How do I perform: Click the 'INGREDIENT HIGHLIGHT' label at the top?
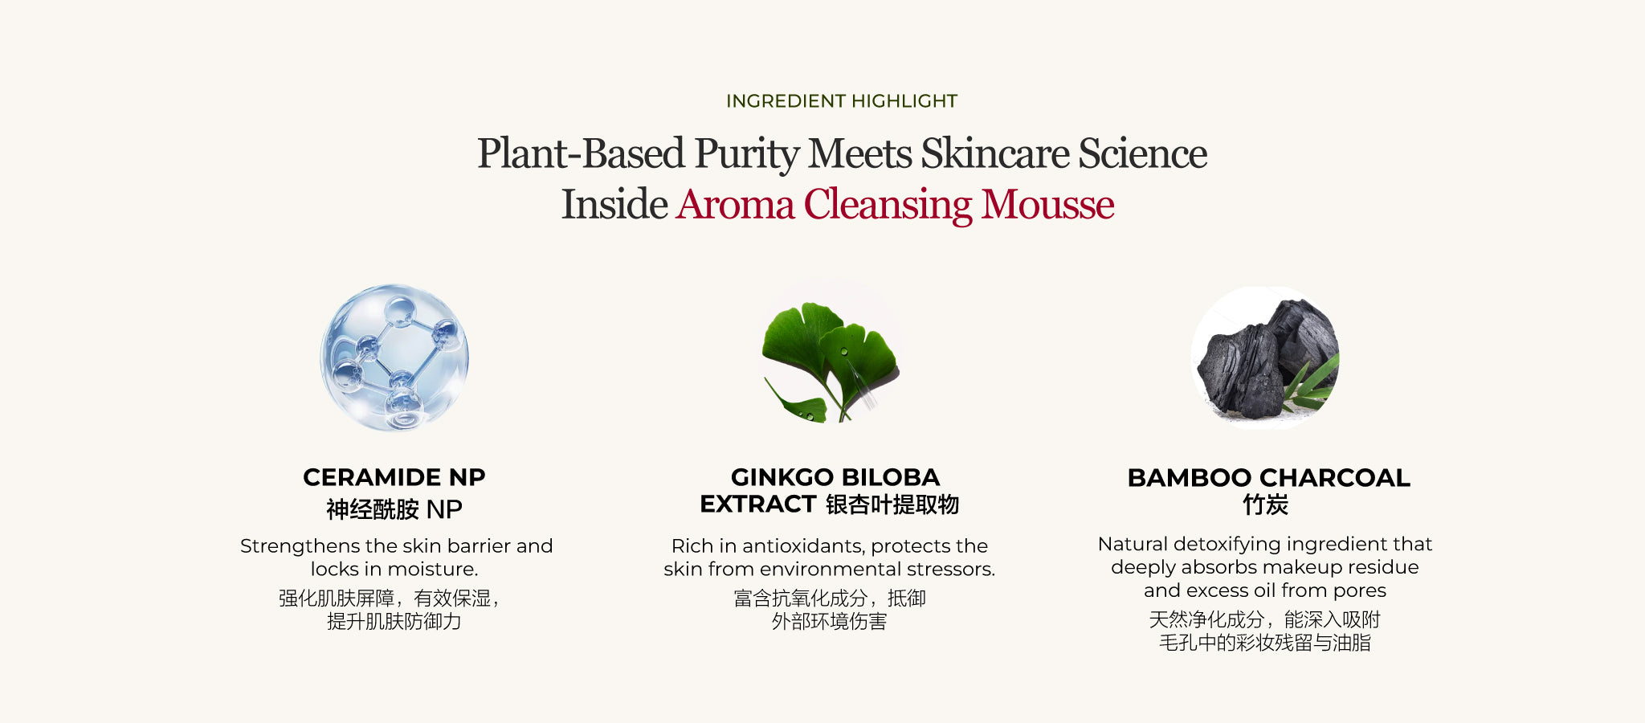(x=842, y=101)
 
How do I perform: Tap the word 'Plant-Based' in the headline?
(x=581, y=154)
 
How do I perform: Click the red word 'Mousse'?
(x=1047, y=204)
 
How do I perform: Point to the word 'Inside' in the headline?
(x=614, y=204)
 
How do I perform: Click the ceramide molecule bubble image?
(x=394, y=357)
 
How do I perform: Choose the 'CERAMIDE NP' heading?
(x=394, y=477)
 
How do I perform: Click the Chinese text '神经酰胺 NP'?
(x=394, y=509)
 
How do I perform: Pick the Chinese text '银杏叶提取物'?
(x=892, y=504)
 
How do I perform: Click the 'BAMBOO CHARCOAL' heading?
(x=1268, y=478)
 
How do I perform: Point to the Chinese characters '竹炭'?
(x=1266, y=504)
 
